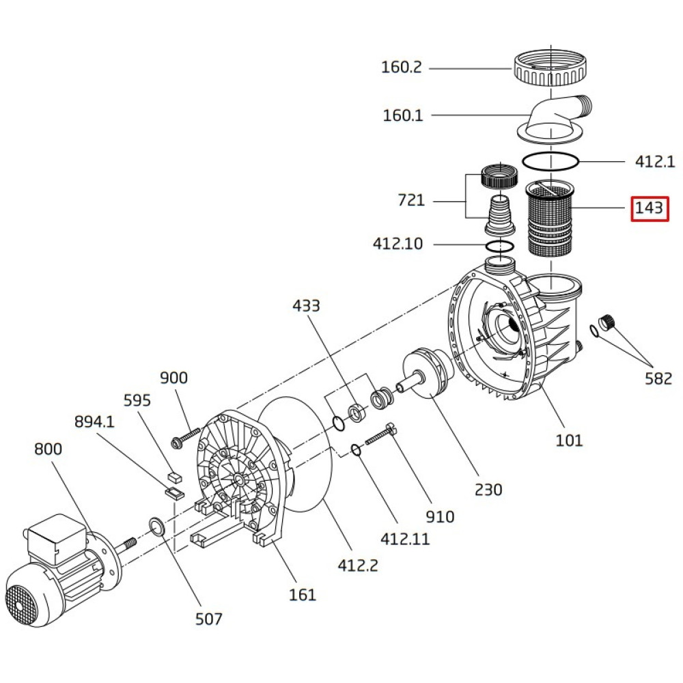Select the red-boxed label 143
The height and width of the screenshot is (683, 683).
(649, 207)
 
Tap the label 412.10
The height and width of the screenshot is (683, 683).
(398, 243)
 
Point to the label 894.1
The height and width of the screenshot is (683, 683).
(94, 422)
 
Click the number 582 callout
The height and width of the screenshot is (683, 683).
(658, 378)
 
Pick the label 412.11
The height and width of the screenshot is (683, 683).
(405, 538)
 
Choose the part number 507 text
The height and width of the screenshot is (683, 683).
(209, 619)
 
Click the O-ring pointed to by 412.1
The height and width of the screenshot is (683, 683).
(550, 162)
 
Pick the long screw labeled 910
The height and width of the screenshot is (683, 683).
(382, 434)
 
